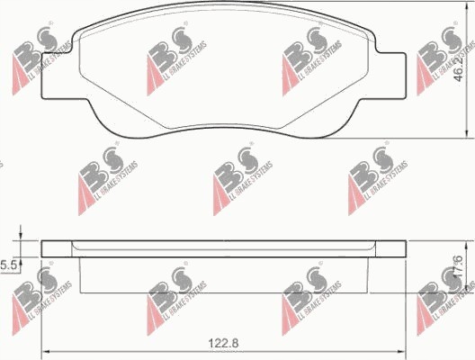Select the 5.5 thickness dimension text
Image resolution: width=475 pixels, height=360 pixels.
coord(8,265)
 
